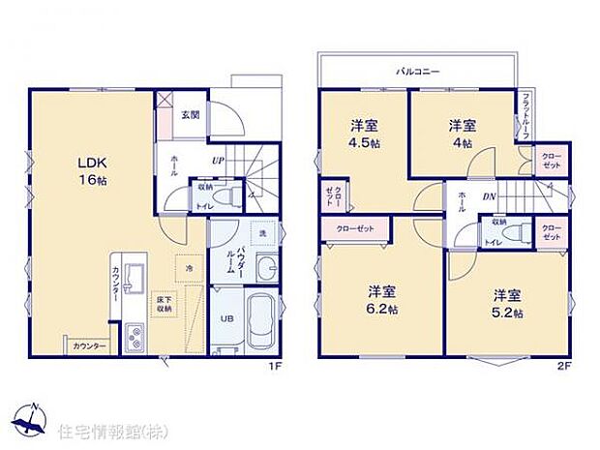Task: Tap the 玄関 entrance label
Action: [x=190, y=115]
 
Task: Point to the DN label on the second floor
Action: [x=490, y=197]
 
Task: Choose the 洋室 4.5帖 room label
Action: [x=364, y=134]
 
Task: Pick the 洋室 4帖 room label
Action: [x=461, y=134]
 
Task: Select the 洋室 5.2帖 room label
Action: [x=506, y=303]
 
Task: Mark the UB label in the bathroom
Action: [x=226, y=318]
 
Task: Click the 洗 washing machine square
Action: [x=262, y=235]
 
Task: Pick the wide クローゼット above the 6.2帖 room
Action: [x=354, y=229]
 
